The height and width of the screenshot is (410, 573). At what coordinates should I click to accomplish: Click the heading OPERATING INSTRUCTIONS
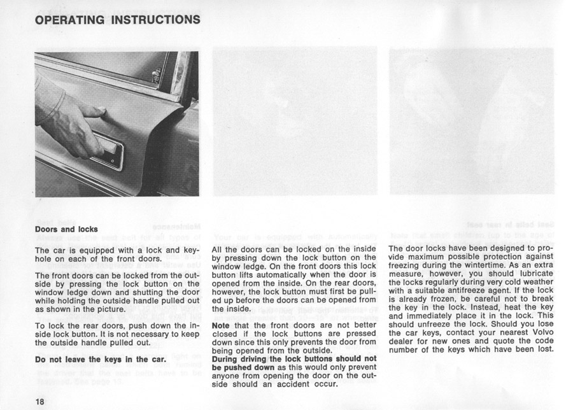(118, 20)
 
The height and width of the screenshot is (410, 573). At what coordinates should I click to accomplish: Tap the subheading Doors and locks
(66, 229)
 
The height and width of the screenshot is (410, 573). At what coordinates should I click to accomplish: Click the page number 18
(42, 401)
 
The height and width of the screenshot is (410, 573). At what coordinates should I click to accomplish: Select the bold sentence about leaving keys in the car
(101, 359)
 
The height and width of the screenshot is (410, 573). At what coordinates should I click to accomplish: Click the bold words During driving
(243, 358)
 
